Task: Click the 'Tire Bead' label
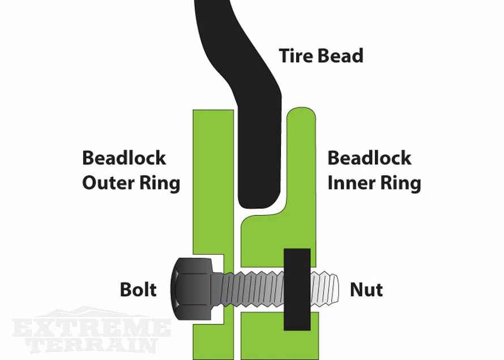tap(321, 56)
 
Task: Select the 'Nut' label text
tap(366, 290)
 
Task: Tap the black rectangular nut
tap(296, 289)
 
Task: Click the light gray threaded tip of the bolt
tap(326, 289)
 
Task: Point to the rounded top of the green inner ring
tap(302, 113)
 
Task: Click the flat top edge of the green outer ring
tap(213, 112)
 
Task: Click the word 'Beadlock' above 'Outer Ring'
tap(124, 157)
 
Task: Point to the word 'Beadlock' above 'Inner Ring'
tap(369, 157)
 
